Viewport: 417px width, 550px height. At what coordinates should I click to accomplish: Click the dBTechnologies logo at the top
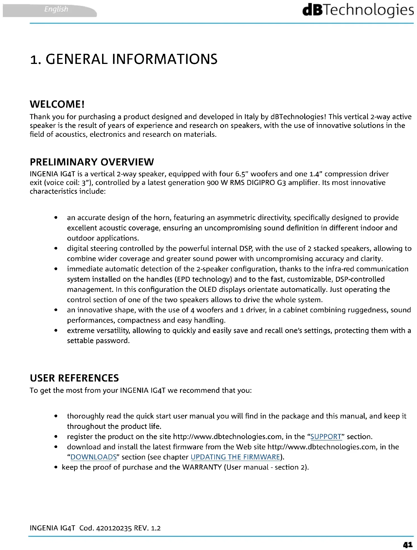(358, 10)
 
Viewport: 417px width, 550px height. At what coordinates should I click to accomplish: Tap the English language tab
(56, 9)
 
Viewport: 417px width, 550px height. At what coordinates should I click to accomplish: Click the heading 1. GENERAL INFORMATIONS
(124, 59)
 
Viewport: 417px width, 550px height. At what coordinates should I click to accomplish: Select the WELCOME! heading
(57, 104)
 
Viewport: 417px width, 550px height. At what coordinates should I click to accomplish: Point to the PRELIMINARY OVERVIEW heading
(92, 162)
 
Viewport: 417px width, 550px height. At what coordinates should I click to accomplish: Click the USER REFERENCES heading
(74, 378)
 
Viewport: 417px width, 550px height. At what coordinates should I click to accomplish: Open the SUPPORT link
(326, 436)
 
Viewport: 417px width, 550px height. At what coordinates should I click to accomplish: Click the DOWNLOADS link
(93, 457)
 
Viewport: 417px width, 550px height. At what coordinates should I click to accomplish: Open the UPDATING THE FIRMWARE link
(235, 457)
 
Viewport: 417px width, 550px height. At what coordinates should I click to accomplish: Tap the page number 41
(407, 545)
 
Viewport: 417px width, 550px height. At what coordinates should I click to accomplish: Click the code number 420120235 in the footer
(114, 528)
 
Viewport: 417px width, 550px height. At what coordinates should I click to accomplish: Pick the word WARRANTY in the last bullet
(202, 467)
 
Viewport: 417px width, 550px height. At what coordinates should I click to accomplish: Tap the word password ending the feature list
(112, 341)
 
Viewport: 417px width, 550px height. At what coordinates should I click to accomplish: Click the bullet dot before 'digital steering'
(56, 248)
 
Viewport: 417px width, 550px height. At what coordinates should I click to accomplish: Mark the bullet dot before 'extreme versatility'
(56, 331)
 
